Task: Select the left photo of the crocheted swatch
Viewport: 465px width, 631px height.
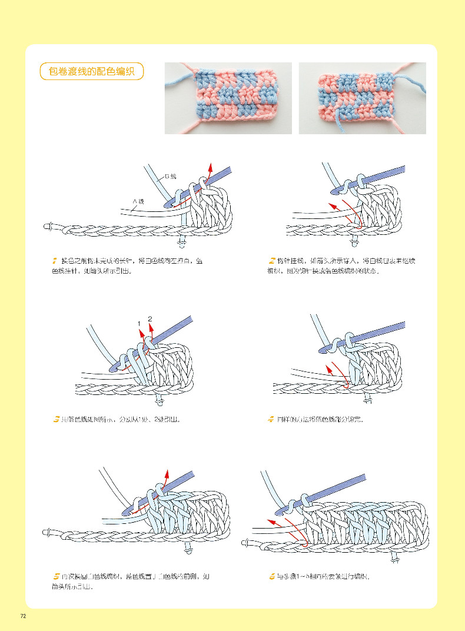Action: [x=228, y=98]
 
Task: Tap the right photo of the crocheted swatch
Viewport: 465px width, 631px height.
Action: [x=362, y=98]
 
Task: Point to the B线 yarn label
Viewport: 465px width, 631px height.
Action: [x=170, y=176]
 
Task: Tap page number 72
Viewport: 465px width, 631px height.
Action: [x=24, y=616]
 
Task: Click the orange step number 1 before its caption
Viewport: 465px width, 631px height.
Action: [x=54, y=260]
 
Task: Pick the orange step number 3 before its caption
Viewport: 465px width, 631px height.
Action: [x=56, y=420]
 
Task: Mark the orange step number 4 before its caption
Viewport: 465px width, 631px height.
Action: [x=271, y=420]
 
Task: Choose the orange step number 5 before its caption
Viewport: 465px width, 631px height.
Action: [x=56, y=576]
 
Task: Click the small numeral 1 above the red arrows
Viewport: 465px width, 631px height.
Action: [x=139, y=324]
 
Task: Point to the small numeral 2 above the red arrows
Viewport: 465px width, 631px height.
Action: [x=150, y=319]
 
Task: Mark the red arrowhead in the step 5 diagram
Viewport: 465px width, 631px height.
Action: [x=167, y=473]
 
